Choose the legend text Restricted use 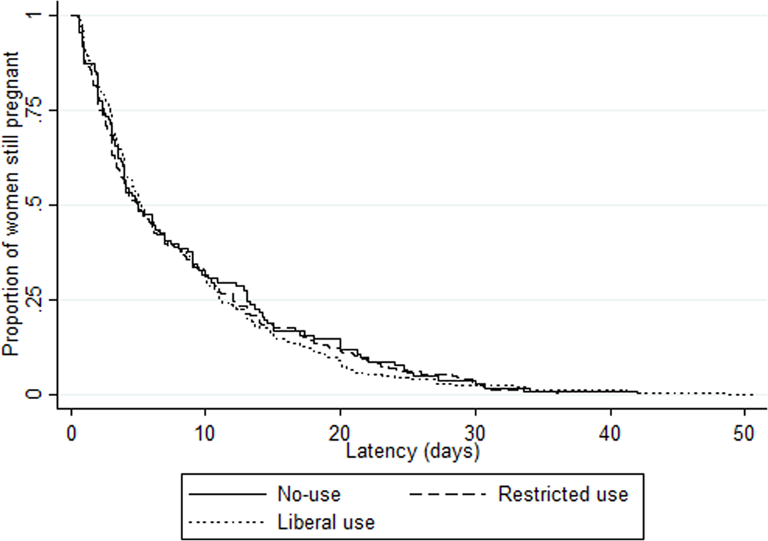(563, 494)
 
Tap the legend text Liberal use (325, 522)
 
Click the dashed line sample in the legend (445, 494)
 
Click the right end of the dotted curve (752, 394)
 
